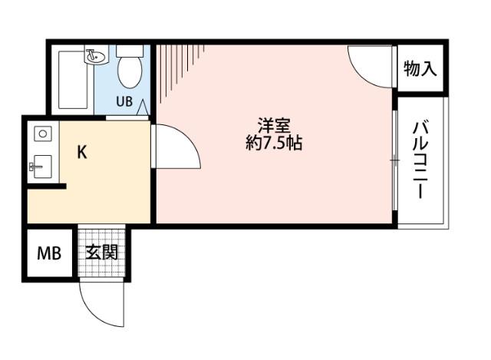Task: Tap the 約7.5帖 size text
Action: point(273,143)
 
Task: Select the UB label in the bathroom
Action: point(124,100)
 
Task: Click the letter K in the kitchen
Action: point(81,151)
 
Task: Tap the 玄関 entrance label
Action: point(101,253)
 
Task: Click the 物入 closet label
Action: point(420,69)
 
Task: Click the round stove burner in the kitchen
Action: point(43,134)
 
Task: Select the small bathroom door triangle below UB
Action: point(143,109)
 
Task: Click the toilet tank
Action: point(130,51)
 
